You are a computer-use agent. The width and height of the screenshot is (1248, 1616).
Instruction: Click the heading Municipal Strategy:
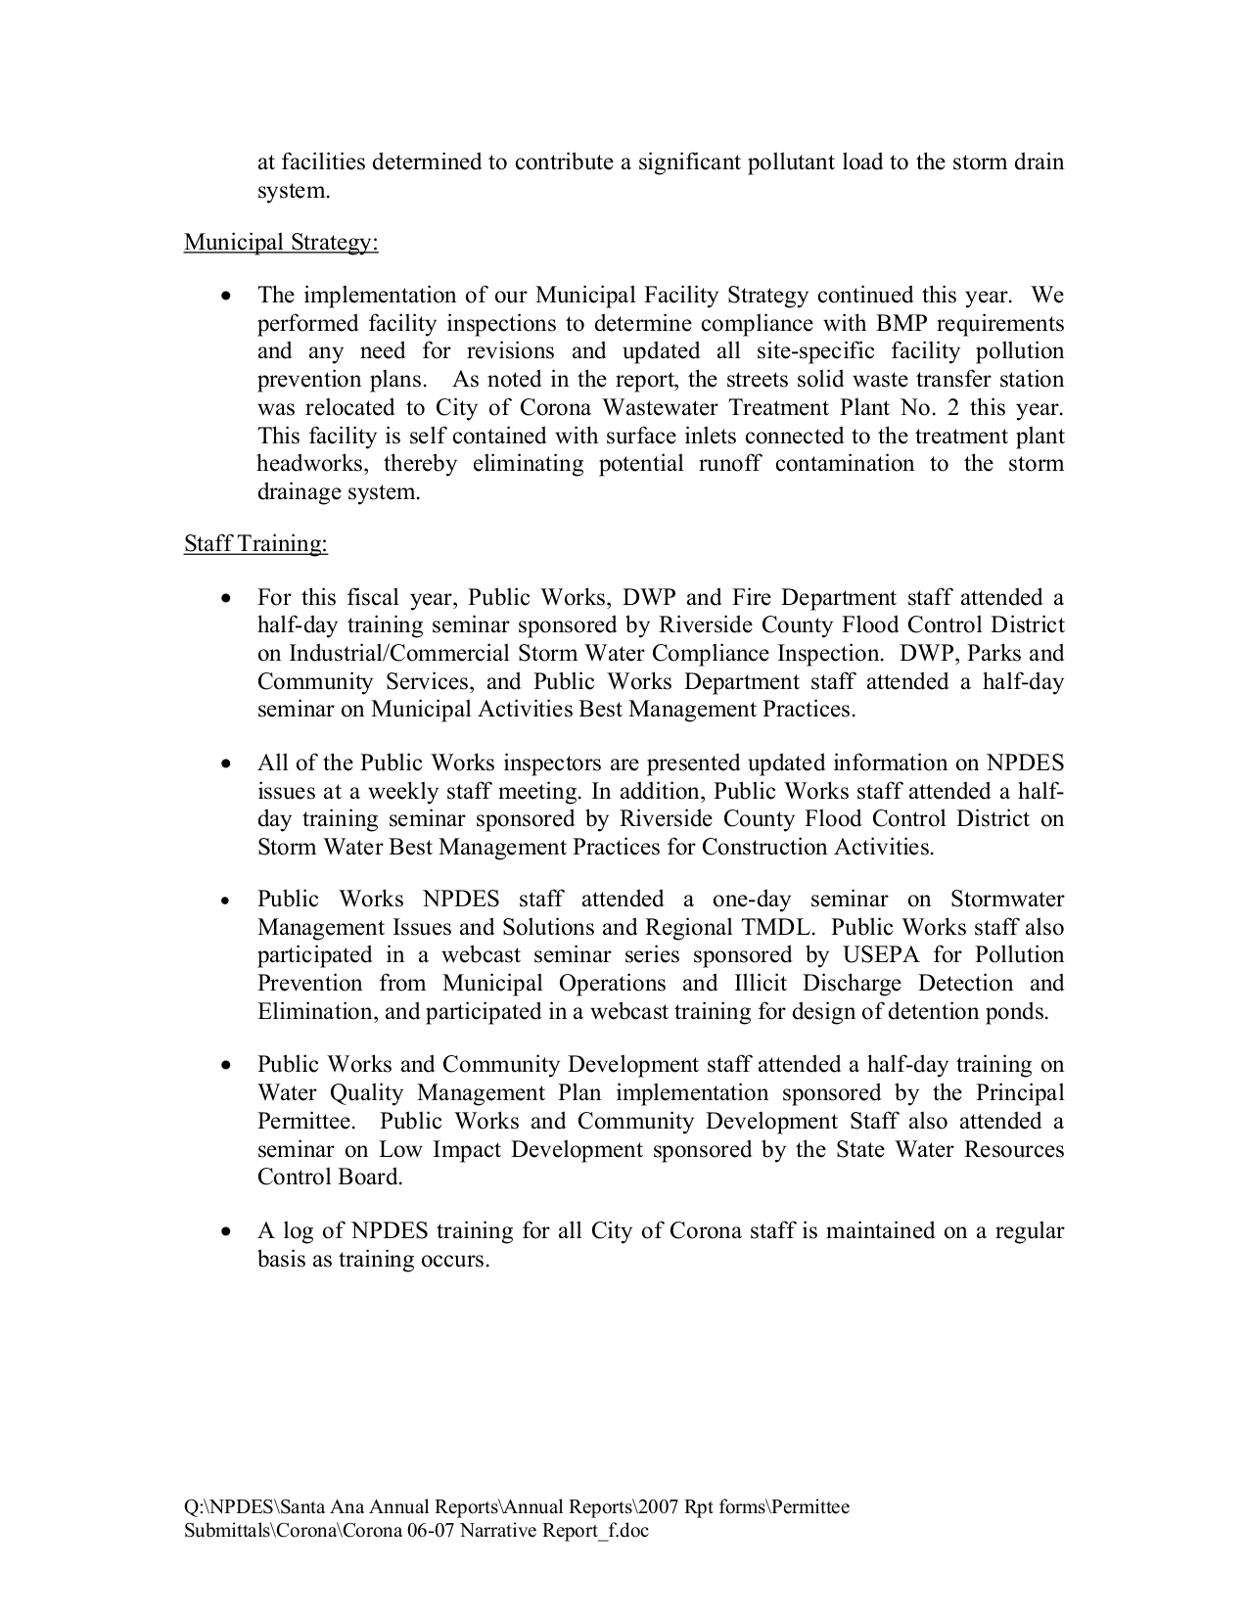pos(281,242)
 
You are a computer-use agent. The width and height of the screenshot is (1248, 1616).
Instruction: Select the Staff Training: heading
pos(255,543)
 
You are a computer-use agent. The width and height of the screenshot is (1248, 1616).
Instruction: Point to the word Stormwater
pos(1007,900)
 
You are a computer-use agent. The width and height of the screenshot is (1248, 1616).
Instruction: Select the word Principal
pos(1019,1092)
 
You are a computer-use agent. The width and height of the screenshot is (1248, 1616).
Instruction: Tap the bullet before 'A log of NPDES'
pos(227,1231)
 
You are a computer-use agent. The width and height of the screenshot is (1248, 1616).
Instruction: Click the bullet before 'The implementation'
pos(227,296)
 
